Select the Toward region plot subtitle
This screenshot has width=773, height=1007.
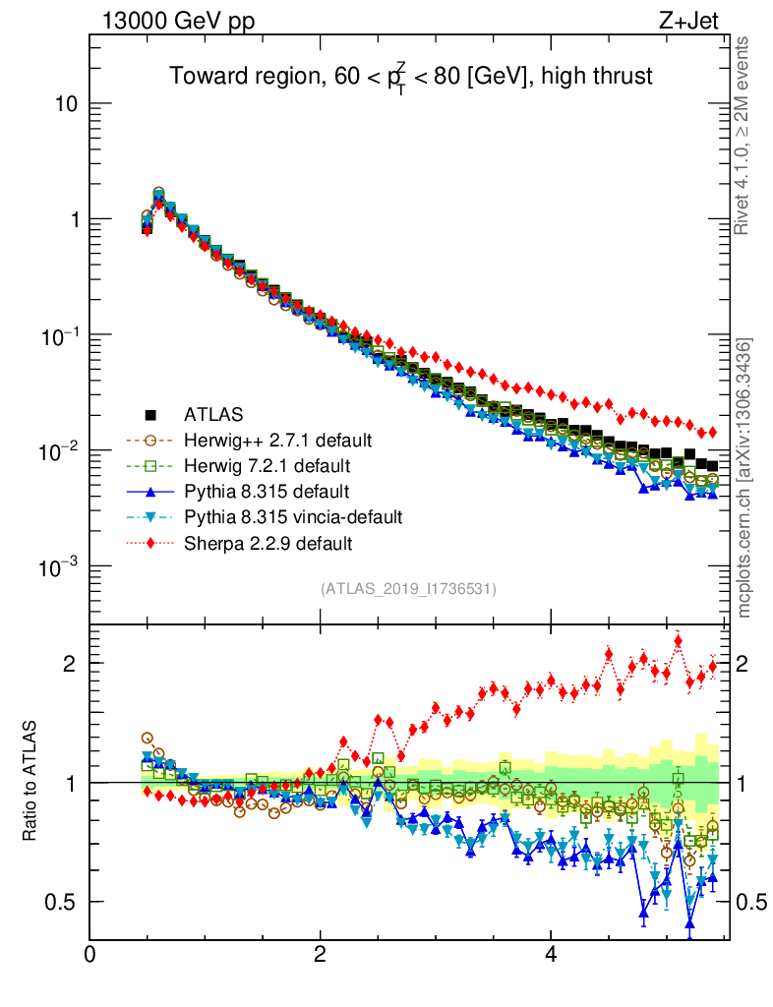[410, 77]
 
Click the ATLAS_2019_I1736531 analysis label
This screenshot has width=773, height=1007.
[407, 589]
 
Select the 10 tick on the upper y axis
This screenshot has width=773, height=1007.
[67, 104]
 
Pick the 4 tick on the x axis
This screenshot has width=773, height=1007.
[551, 955]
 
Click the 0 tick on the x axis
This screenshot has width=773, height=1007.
[90, 955]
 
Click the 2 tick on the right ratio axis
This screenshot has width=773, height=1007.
[743, 664]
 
